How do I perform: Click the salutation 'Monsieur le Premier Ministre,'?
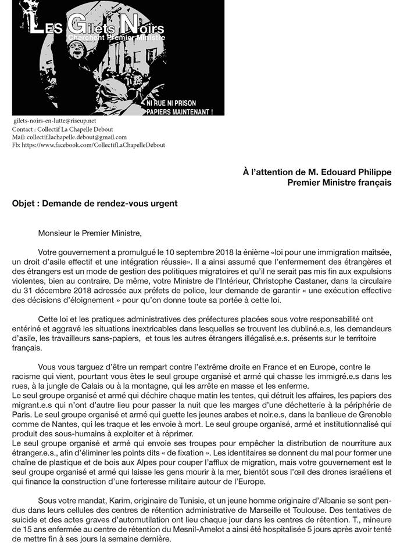(x=90, y=234)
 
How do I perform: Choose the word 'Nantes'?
(x=69, y=424)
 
